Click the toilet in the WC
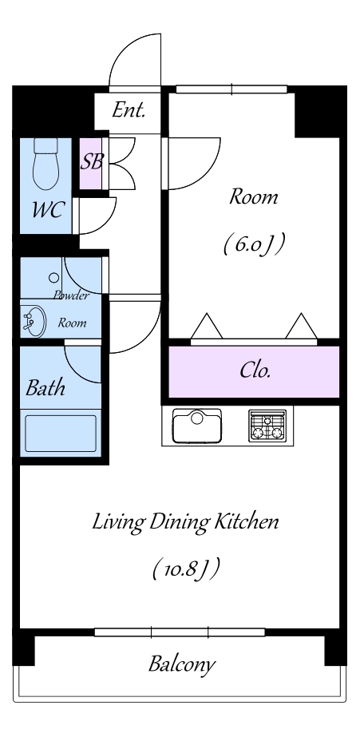(x=45, y=164)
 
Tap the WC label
(x=47, y=209)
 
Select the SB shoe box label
(x=91, y=162)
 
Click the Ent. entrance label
(x=129, y=111)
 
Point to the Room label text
(x=253, y=196)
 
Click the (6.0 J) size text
(x=254, y=244)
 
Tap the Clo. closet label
(x=255, y=370)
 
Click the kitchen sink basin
(x=197, y=426)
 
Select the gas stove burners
(x=267, y=426)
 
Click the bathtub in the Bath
(x=61, y=434)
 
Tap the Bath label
(x=45, y=388)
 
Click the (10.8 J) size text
(x=186, y=570)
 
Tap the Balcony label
(x=182, y=664)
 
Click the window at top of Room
(x=232, y=89)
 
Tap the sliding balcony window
(x=180, y=632)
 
